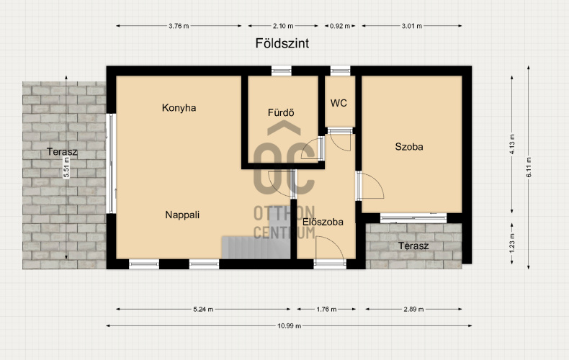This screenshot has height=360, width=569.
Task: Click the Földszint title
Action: click(282, 43)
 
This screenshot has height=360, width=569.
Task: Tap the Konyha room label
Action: click(179, 108)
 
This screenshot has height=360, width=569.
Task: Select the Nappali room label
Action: click(182, 215)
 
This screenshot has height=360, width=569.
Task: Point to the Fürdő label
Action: click(281, 112)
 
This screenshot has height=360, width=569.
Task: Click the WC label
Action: click(339, 103)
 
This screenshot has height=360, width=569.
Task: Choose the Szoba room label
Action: click(409, 147)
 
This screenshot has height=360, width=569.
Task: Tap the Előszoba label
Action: click(323, 222)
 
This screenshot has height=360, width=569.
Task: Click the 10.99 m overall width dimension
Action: click(290, 326)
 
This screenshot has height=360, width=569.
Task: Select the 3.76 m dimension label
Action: click(179, 26)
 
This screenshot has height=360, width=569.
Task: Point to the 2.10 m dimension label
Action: click(283, 26)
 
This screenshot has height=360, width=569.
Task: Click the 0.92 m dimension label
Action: click(340, 26)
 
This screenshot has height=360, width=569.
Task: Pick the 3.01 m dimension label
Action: click(412, 26)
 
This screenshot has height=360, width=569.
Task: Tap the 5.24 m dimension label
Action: click(203, 310)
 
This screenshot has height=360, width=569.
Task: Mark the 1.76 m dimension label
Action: click(326, 310)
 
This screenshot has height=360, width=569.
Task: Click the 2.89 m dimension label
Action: click(413, 310)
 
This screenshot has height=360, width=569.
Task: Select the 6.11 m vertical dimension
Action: click(529, 167)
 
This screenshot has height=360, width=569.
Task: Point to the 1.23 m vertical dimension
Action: click(512, 243)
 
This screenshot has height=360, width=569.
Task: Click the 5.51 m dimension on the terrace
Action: click(66, 168)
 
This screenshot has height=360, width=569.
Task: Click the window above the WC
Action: click(341, 71)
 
